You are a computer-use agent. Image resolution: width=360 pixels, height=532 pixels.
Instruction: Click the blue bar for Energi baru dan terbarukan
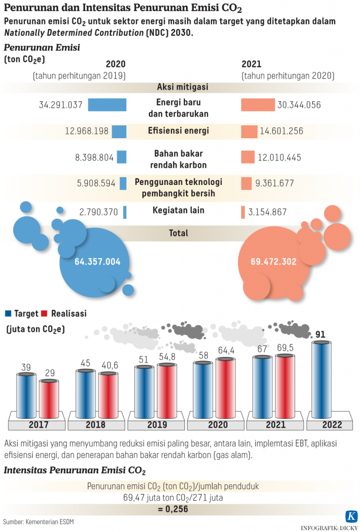[107, 104]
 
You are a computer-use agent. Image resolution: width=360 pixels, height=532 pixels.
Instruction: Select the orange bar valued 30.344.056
[258, 104]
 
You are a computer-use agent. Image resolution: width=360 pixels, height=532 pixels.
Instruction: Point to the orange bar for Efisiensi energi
[249, 131]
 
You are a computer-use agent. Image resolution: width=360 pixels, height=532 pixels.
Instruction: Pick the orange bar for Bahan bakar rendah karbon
[248, 157]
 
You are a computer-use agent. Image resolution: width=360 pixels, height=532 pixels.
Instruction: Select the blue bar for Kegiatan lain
[125, 212]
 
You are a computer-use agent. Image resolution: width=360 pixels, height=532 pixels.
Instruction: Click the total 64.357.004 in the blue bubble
[98, 262]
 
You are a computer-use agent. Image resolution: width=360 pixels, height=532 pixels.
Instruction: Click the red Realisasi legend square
[44, 313]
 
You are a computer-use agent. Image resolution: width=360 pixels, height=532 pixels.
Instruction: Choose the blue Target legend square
[8, 313]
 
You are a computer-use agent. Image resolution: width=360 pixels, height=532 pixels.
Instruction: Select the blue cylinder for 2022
[324, 379]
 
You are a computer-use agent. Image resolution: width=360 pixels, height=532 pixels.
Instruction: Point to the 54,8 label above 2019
[167, 358]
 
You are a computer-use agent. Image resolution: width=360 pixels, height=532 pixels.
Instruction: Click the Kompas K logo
[351, 516]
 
